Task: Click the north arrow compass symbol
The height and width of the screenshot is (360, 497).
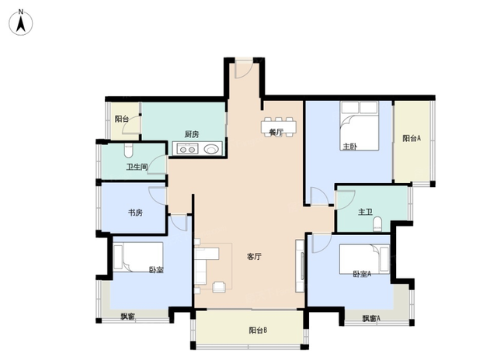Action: coord(21,22)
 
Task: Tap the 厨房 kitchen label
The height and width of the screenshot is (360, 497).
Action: coord(192,134)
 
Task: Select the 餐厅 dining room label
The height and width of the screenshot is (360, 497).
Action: coord(276,132)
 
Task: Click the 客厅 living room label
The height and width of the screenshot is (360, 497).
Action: coord(254,257)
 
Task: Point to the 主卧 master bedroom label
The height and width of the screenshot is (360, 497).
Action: coord(350,147)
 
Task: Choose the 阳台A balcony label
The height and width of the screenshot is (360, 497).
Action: coord(412,138)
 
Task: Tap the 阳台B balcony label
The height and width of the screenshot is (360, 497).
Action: coord(258,331)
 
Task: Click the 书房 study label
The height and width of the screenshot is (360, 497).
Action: coord(135,213)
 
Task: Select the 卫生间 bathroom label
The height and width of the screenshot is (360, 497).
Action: coord(137,167)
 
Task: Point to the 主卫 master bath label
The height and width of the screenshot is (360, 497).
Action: coord(365,212)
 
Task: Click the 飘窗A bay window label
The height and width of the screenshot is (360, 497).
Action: coord(371,319)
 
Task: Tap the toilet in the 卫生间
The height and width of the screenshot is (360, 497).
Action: coord(128,151)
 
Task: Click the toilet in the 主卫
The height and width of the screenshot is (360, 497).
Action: coord(377,224)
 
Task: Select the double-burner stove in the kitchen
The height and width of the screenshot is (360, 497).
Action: coord(188,148)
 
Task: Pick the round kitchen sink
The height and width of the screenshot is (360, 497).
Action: coord(211,149)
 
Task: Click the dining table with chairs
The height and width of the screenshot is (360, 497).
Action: coord(279,126)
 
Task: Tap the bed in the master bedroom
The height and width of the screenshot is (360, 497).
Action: coord(360,126)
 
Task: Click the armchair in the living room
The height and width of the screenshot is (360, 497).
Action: coord(219,286)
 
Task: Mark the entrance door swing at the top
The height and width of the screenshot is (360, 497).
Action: coord(244,69)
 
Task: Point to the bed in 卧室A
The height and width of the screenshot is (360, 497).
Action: coord(364,259)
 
